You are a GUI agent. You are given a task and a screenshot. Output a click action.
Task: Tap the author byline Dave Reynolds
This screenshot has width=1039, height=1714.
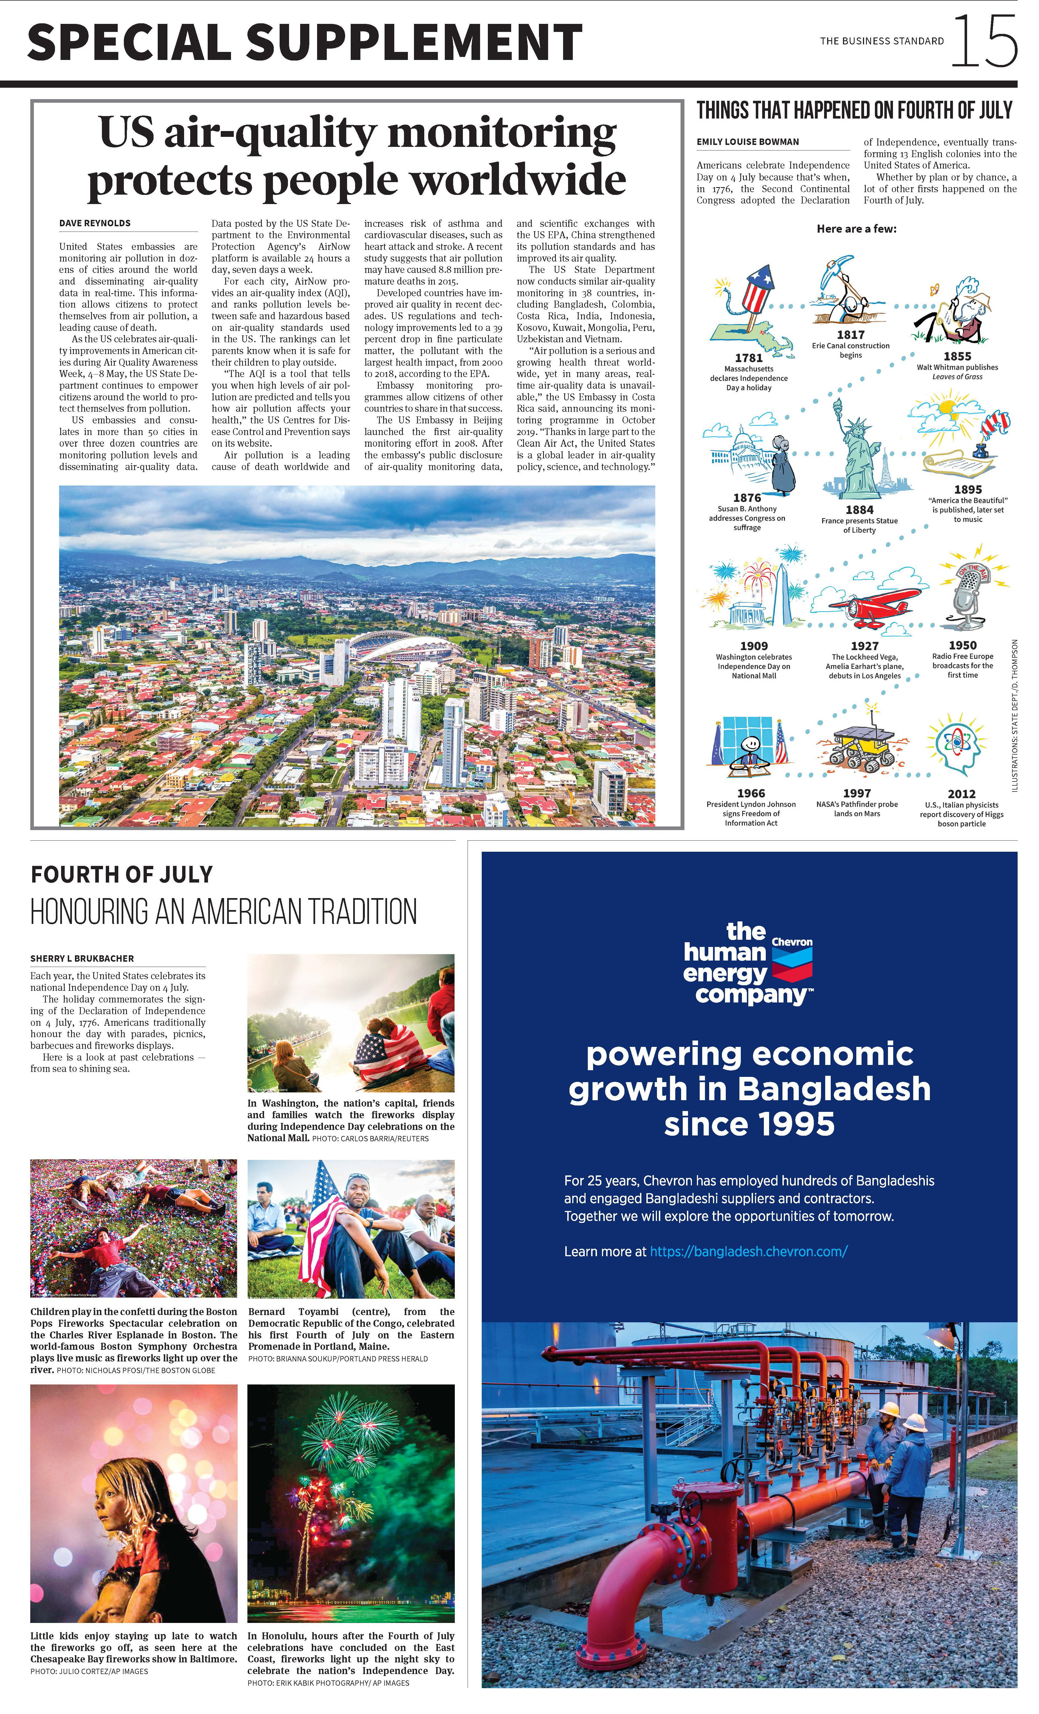95,223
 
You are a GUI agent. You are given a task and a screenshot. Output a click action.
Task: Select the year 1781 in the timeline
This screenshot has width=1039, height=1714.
749,358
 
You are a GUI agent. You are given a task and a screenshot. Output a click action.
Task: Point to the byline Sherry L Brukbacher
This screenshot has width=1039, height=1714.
82,959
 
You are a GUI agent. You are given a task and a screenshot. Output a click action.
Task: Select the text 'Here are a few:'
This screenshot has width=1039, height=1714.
857,229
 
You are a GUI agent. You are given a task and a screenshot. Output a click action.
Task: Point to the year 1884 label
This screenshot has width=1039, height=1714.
859,510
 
